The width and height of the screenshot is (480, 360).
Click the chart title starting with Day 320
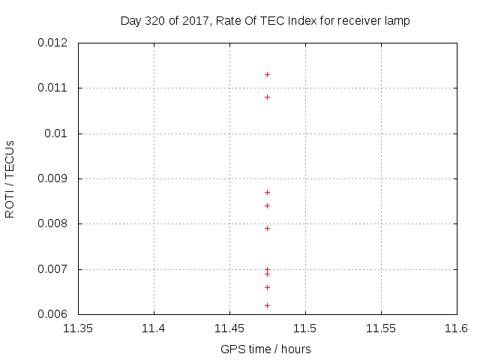(x=265, y=21)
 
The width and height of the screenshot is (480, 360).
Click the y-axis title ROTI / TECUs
(x=10, y=178)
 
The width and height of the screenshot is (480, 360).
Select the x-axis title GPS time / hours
(x=265, y=349)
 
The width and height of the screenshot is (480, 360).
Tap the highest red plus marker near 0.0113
(x=267, y=75)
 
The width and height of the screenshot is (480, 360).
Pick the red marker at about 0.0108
(x=267, y=97)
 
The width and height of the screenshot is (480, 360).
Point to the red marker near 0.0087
(x=267, y=192)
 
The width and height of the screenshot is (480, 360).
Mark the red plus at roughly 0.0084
(x=267, y=205)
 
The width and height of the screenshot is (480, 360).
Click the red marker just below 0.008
(x=267, y=228)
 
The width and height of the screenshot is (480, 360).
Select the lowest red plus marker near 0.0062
(x=267, y=305)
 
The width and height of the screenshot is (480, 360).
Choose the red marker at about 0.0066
(x=267, y=287)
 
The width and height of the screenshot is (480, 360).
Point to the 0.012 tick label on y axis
(x=52, y=43)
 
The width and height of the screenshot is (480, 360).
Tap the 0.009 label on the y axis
(x=52, y=178)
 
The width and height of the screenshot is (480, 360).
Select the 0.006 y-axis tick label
(x=52, y=314)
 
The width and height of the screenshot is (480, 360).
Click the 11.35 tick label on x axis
(x=78, y=328)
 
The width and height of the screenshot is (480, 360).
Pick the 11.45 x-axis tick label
(x=229, y=328)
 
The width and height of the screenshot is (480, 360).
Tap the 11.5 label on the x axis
(x=305, y=328)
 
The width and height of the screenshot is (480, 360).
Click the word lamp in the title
(x=397, y=21)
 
